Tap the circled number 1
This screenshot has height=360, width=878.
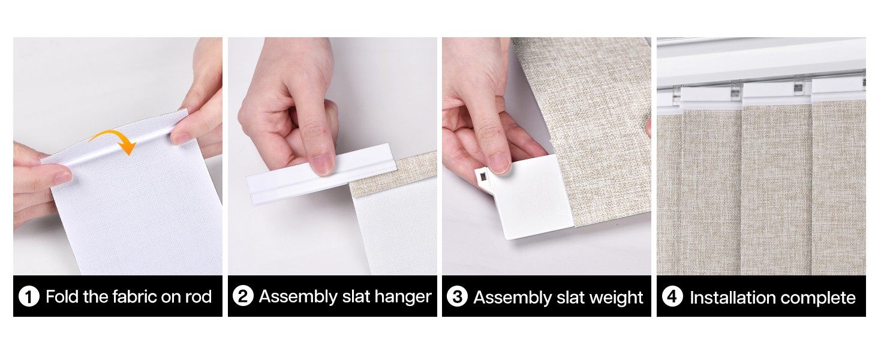[x=29, y=296]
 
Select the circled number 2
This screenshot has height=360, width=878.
[x=243, y=296]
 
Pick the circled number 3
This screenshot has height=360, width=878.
[x=457, y=296]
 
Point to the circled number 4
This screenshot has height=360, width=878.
[x=672, y=296]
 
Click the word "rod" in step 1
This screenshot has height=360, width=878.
[x=199, y=297]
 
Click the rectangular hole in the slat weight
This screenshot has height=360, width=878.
[x=483, y=177]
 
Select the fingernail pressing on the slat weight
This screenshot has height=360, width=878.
[x=500, y=163]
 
